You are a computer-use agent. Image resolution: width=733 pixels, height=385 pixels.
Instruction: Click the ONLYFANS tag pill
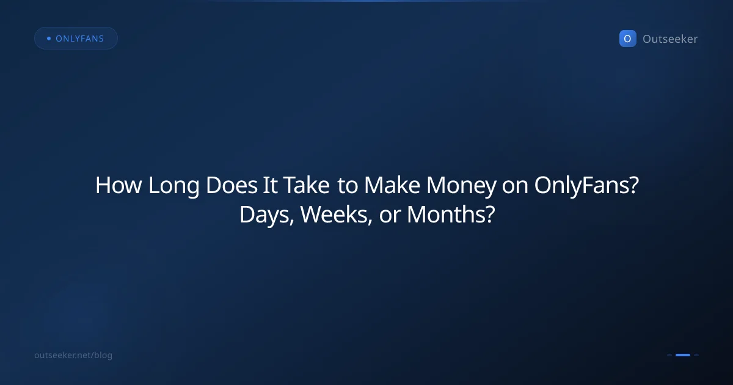76,38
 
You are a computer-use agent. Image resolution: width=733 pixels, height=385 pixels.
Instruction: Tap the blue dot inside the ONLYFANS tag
48,38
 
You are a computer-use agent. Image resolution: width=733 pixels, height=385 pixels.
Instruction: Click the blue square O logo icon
627,38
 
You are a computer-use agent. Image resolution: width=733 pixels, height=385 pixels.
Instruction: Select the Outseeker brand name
670,39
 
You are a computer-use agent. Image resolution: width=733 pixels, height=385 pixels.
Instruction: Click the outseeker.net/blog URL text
73,355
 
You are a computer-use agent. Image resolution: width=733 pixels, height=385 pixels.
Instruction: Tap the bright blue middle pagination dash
683,355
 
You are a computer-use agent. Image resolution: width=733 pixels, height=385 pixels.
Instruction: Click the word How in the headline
119,186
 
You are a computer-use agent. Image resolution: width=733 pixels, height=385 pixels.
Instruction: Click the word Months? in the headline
450,215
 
